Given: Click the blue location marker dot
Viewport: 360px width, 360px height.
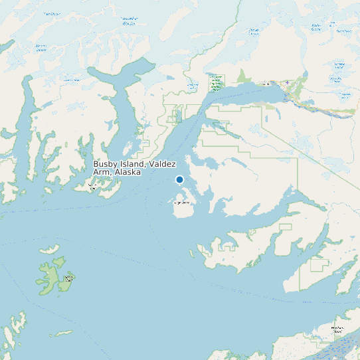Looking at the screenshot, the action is coord(179,179).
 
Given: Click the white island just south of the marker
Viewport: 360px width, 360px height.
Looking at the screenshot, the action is coord(182,209).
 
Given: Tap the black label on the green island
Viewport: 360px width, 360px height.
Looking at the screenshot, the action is coord(68,278).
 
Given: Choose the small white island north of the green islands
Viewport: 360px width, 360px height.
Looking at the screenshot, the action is coord(49,252).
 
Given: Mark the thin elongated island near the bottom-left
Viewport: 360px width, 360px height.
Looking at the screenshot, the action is coord(64,333).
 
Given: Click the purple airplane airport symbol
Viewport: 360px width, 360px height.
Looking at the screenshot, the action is coord(287,83).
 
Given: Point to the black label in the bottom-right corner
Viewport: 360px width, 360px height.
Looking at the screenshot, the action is coord(339,329).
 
